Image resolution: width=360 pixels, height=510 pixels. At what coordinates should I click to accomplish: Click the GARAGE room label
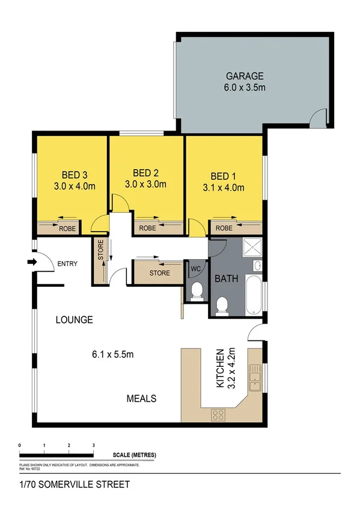[x=245, y=76]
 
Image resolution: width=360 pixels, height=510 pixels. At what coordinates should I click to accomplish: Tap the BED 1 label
[x=223, y=176]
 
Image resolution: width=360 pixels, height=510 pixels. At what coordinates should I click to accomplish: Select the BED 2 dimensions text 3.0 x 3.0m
[x=145, y=185]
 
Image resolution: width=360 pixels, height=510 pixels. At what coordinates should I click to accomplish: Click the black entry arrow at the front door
[x=31, y=262]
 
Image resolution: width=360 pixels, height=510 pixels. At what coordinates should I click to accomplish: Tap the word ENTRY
[x=67, y=263]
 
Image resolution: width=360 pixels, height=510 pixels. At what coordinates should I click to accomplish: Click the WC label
[x=195, y=268]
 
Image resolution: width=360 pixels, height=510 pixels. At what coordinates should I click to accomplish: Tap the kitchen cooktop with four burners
[x=218, y=414]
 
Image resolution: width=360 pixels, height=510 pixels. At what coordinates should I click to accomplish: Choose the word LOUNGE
[x=75, y=320]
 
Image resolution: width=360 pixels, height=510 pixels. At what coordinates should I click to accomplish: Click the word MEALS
[x=142, y=398]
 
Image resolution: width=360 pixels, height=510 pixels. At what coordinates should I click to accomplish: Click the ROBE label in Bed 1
[x=224, y=229]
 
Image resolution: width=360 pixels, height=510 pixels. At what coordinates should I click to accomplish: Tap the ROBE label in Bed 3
[x=66, y=229]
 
